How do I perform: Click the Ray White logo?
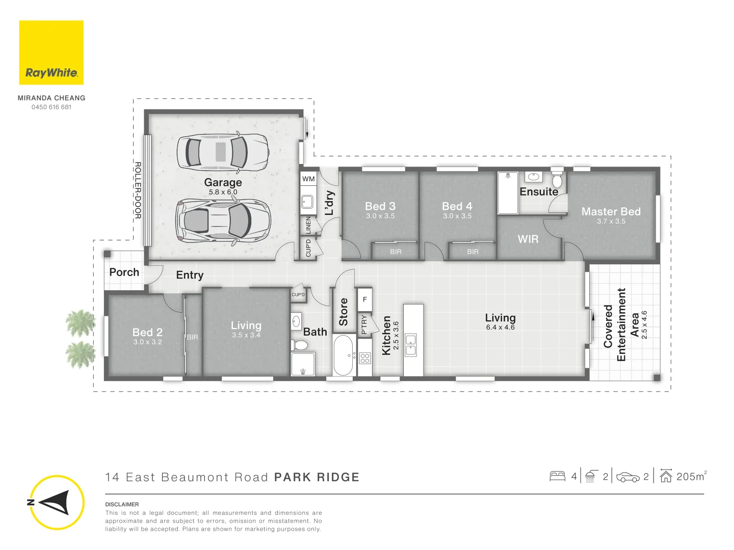click(51, 52)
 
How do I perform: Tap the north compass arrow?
click(55, 503)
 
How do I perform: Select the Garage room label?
click(223, 182)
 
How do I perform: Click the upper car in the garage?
click(223, 152)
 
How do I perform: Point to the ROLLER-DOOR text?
click(138, 190)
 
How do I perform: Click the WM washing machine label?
click(308, 179)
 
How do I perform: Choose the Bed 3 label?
click(380, 206)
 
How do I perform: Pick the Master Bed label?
click(611, 211)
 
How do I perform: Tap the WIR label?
click(528, 239)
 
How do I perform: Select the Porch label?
click(124, 272)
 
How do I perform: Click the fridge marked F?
click(365, 299)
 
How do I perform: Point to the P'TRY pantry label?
click(364, 324)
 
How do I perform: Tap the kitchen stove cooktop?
click(365, 358)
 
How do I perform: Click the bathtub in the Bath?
click(343, 355)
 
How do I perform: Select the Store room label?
click(344, 312)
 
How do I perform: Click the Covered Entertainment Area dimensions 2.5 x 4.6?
click(644, 324)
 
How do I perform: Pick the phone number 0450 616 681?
click(51, 107)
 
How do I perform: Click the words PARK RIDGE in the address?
click(317, 477)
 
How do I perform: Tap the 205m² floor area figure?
click(691, 477)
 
